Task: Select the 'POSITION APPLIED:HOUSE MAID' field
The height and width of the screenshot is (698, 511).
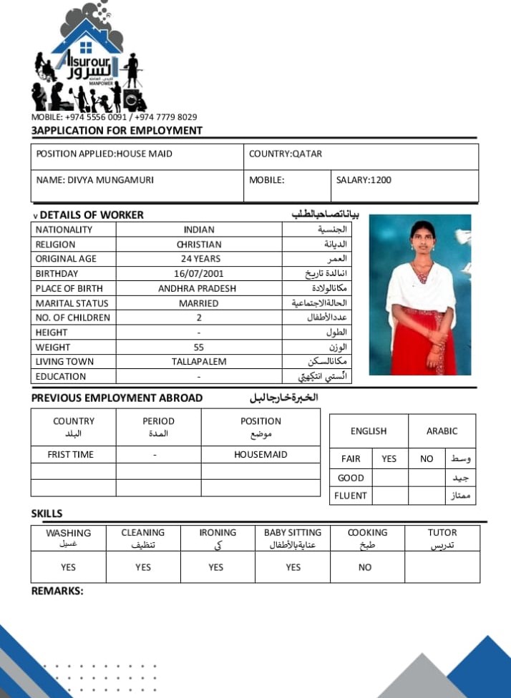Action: [x=104, y=154]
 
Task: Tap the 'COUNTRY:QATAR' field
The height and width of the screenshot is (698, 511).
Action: [x=286, y=154]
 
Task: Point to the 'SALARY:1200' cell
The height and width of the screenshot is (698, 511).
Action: [x=364, y=180]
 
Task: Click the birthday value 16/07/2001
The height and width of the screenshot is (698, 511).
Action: [x=198, y=274]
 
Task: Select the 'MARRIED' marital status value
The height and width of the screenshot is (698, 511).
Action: [x=198, y=303]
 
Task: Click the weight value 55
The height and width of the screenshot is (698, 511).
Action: [x=198, y=347]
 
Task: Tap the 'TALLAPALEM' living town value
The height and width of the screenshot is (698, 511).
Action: [x=198, y=362]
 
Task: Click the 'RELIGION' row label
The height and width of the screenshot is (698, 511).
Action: [x=55, y=245]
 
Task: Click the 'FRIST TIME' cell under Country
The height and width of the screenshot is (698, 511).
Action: [x=70, y=454]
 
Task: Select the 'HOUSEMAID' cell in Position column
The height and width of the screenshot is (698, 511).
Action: [x=261, y=454]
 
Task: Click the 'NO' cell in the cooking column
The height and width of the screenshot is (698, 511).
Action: [x=365, y=567]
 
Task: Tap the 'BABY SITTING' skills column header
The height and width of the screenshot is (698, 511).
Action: [x=293, y=533]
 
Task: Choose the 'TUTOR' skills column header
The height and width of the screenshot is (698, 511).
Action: [x=442, y=533]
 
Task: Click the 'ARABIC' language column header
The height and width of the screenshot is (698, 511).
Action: [x=442, y=431]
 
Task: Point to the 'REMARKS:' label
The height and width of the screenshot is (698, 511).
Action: [x=57, y=591]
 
